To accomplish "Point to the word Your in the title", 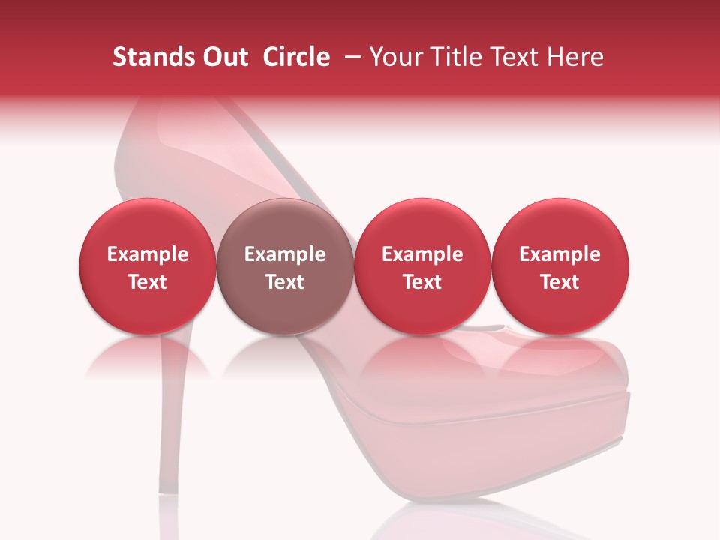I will (x=394, y=57).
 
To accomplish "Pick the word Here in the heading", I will (x=574, y=57).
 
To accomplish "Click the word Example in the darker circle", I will (x=285, y=254).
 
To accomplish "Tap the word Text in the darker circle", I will (x=285, y=282).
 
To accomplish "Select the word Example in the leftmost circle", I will (x=148, y=254).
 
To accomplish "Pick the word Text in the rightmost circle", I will (x=560, y=282).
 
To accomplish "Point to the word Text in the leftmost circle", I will (x=148, y=282).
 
